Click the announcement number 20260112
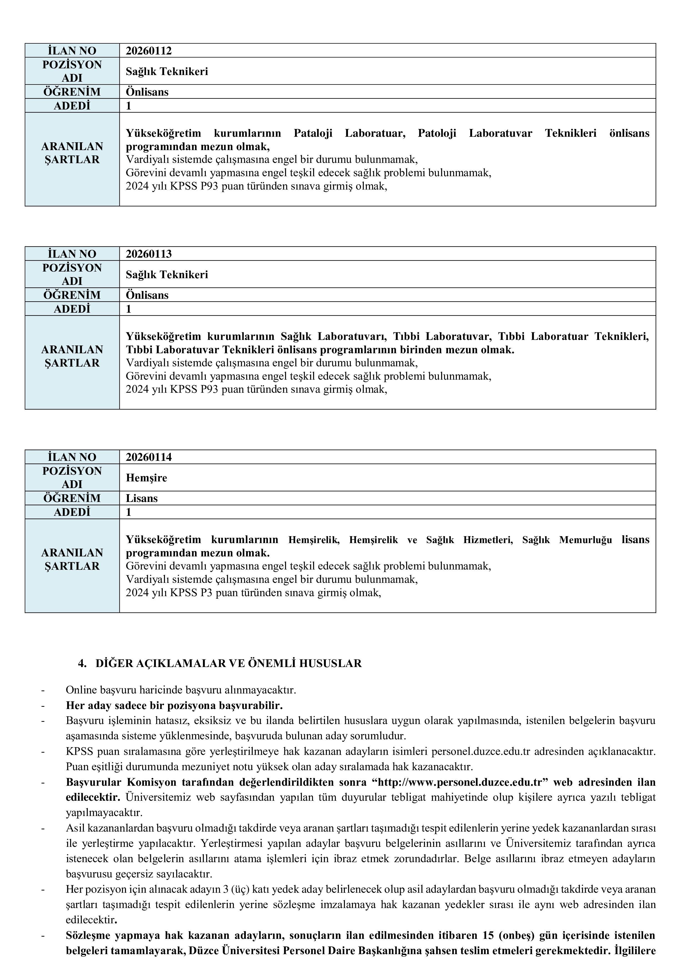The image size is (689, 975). (x=149, y=51)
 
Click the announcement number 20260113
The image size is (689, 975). (x=149, y=254)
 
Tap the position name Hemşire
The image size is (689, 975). (x=146, y=478)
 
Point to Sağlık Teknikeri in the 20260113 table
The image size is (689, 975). (x=167, y=275)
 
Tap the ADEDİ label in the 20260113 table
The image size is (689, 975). (x=72, y=309)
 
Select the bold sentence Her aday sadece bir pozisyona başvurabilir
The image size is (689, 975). (x=174, y=705)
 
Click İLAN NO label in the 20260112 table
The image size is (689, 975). (x=72, y=51)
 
